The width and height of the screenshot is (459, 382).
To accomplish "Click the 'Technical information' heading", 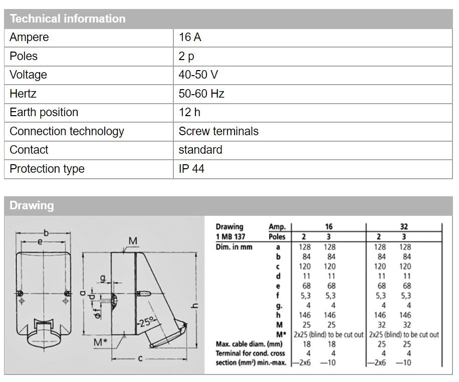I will click(x=67, y=19).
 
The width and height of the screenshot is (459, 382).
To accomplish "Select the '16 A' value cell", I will click(x=190, y=38).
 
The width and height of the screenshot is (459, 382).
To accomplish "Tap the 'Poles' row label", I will click(x=24, y=56).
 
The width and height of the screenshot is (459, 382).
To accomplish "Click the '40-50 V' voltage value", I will click(x=198, y=75).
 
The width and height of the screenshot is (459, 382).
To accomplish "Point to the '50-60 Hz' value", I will click(x=201, y=94).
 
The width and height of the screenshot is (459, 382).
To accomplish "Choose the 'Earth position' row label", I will click(x=44, y=113).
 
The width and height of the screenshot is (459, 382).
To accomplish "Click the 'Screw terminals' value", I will click(x=218, y=131).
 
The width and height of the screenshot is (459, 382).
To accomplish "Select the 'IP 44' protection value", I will click(x=191, y=169).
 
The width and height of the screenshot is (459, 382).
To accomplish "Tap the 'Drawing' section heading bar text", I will click(x=31, y=206).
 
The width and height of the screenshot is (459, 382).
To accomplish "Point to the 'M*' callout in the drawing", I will click(x=101, y=342).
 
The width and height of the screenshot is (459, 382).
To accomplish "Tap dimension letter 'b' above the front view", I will click(x=46, y=232).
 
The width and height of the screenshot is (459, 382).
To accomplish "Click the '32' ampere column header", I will click(x=404, y=227).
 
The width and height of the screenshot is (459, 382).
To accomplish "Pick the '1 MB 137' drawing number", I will click(x=231, y=237).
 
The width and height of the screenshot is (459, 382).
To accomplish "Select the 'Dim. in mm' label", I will click(x=235, y=247).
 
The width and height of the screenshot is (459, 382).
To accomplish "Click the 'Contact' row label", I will click(x=29, y=150).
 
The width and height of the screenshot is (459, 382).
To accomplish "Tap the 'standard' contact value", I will click(x=200, y=150).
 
